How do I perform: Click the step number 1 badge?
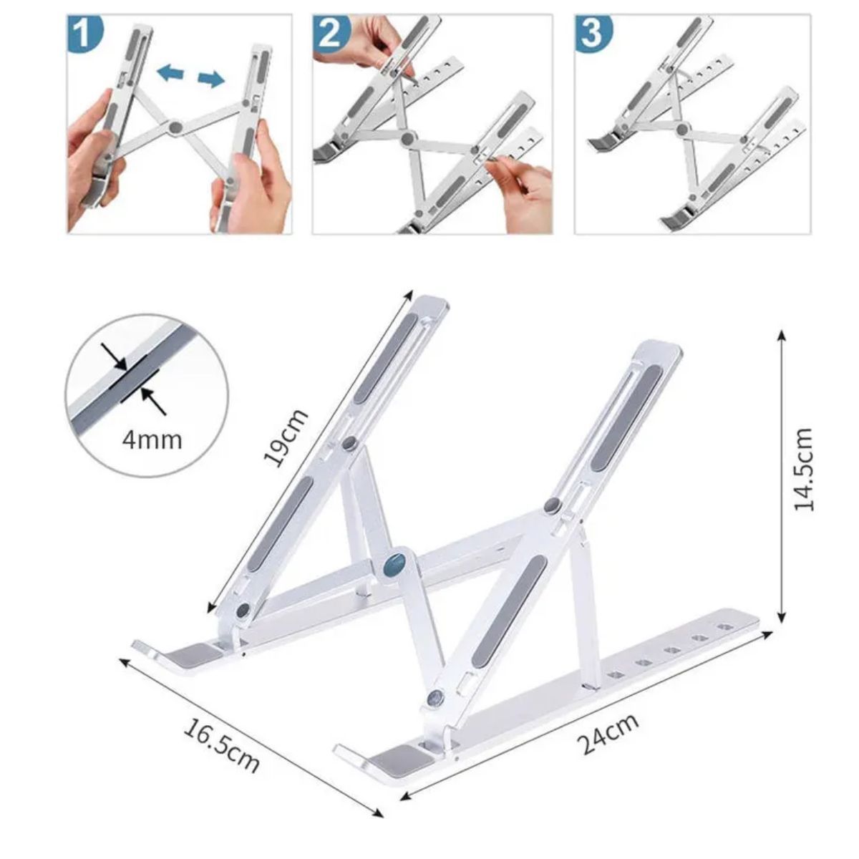[x=84, y=34]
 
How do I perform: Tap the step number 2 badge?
[x=330, y=33]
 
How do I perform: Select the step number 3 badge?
[x=591, y=33]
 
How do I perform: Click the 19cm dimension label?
[x=286, y=437]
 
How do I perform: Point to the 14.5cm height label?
[x=805, y=470]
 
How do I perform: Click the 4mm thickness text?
[x=152, y=438]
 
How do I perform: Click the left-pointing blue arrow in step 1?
[x=170, y=72]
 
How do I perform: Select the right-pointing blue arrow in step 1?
[x=210, y=79]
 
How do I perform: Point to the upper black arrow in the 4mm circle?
[x=114, y=356]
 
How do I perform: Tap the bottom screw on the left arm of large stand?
[x=243, y=610]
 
